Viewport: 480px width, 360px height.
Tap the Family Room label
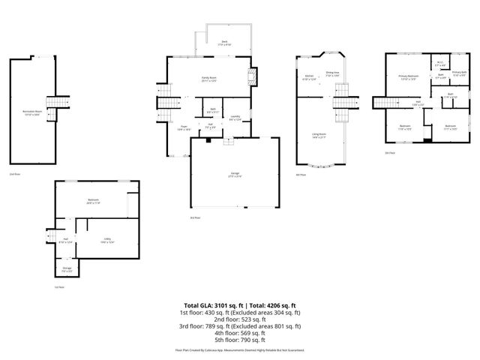point(208,79)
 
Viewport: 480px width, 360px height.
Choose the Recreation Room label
point(32,112)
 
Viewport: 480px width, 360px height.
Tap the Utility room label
point(107,240)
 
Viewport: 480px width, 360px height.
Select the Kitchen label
point(308,77)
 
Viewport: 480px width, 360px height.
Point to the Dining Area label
point(332,73)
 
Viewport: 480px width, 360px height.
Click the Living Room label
point(319,136)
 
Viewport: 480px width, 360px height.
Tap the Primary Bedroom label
point(409,78)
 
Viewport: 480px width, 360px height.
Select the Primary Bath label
point(459,73)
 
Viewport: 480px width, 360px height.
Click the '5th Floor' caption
point(389,152)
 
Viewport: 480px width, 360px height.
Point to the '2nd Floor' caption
point(13,174)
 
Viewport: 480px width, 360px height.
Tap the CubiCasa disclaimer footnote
point(239,349)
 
